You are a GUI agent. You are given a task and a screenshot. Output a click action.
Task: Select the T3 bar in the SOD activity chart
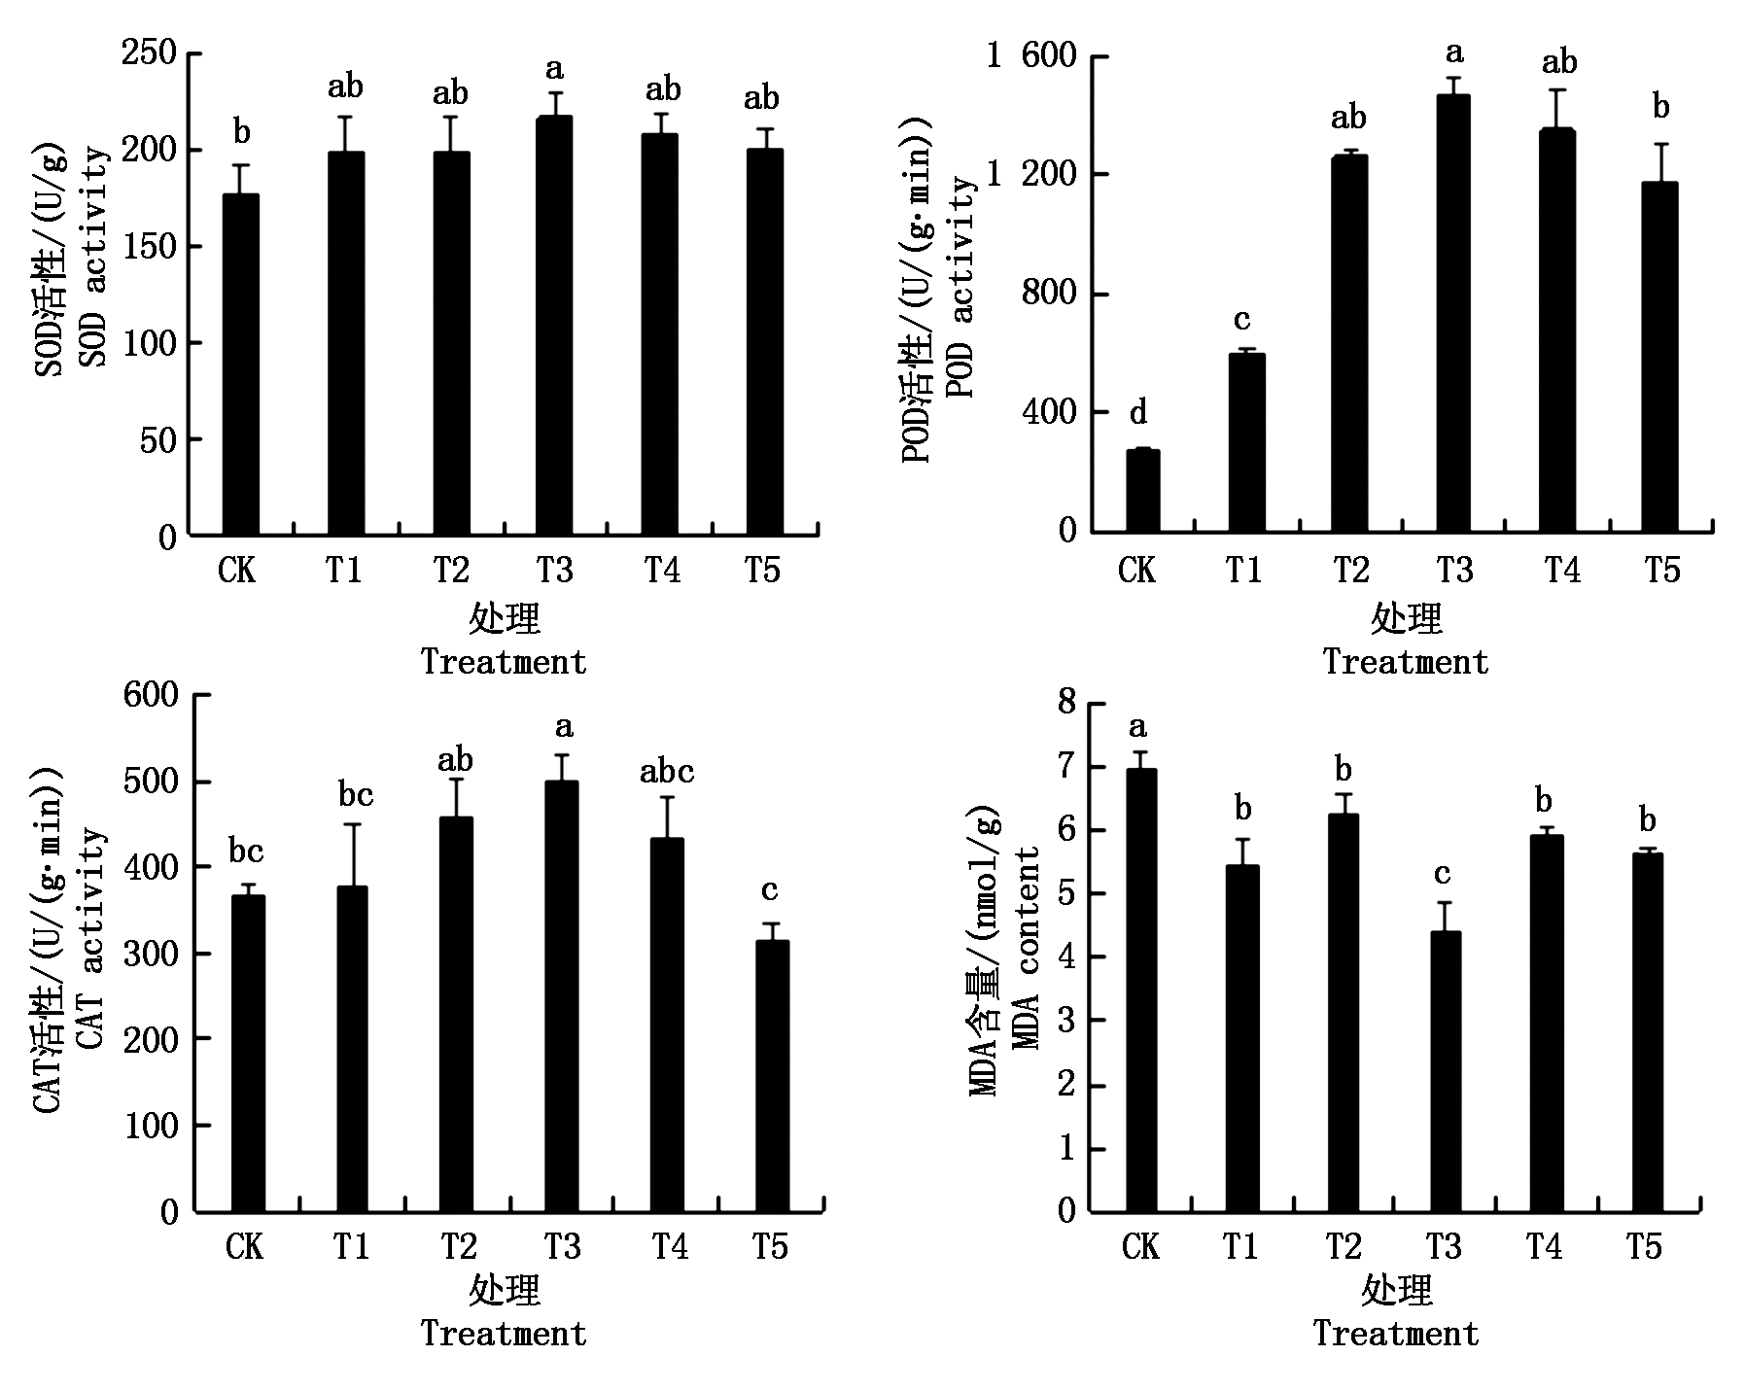[x=554, y=326]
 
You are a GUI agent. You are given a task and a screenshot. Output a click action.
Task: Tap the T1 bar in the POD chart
[x=1246, y=442]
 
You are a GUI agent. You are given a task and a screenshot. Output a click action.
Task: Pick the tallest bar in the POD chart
[x=1453, y=313]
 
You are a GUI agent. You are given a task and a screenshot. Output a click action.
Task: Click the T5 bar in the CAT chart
[x=772, y=1076]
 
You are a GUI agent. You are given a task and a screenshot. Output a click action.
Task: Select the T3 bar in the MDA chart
[x=1445, y=1071]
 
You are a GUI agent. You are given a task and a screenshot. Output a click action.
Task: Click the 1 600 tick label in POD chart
[x=1033, y=56]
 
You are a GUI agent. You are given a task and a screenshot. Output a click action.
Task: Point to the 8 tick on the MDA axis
[x=1066, y=702]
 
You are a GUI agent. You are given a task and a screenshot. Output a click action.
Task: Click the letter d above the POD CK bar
[x=1138, y=414]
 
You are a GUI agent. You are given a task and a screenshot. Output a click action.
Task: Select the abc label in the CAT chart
[x=667, y=773]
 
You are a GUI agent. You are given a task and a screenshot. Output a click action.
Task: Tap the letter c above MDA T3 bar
[x=1443, y=874]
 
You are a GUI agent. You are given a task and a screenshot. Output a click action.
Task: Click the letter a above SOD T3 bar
[x=554, y=69]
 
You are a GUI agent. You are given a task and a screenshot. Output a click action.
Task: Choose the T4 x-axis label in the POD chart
[x=1560, y=570]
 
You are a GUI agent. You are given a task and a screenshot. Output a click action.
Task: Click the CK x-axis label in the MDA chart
[x=1139, y=1246]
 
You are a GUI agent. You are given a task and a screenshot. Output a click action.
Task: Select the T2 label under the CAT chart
[x=458, y=1246]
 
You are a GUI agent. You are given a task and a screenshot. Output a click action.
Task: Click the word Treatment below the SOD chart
[x=504, y=662]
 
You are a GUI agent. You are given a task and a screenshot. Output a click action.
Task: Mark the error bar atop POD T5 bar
[x=1660, y=162]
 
